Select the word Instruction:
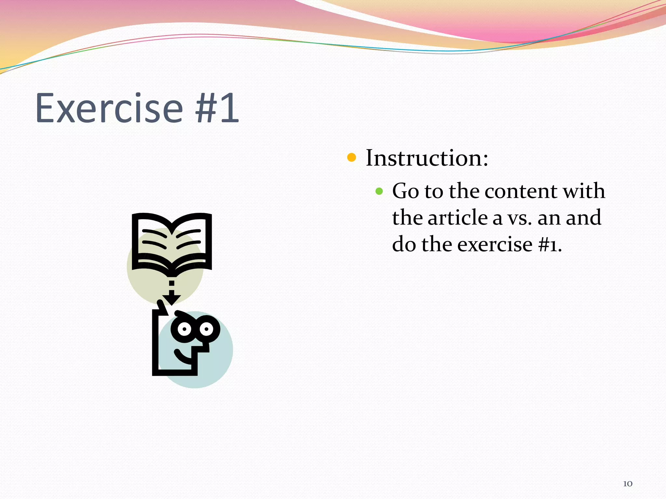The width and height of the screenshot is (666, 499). (x=427, y=158)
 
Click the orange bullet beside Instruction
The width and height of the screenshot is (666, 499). (x=352, y=158)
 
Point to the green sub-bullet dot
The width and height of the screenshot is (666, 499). (x=379, y=191)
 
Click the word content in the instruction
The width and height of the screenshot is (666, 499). (x=521, y=191)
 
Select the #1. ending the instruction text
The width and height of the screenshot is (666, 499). (x=550, y=245)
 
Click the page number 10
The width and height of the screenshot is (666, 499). (x=628, y=484)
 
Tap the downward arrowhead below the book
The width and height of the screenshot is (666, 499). (x=172, y=298)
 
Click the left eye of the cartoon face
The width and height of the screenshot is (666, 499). (x=184, y=329)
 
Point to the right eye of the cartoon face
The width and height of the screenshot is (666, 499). (x=206, y=329)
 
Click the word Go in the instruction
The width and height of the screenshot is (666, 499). (x=405, y=191)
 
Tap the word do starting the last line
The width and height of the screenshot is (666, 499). (x=404, y=244)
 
